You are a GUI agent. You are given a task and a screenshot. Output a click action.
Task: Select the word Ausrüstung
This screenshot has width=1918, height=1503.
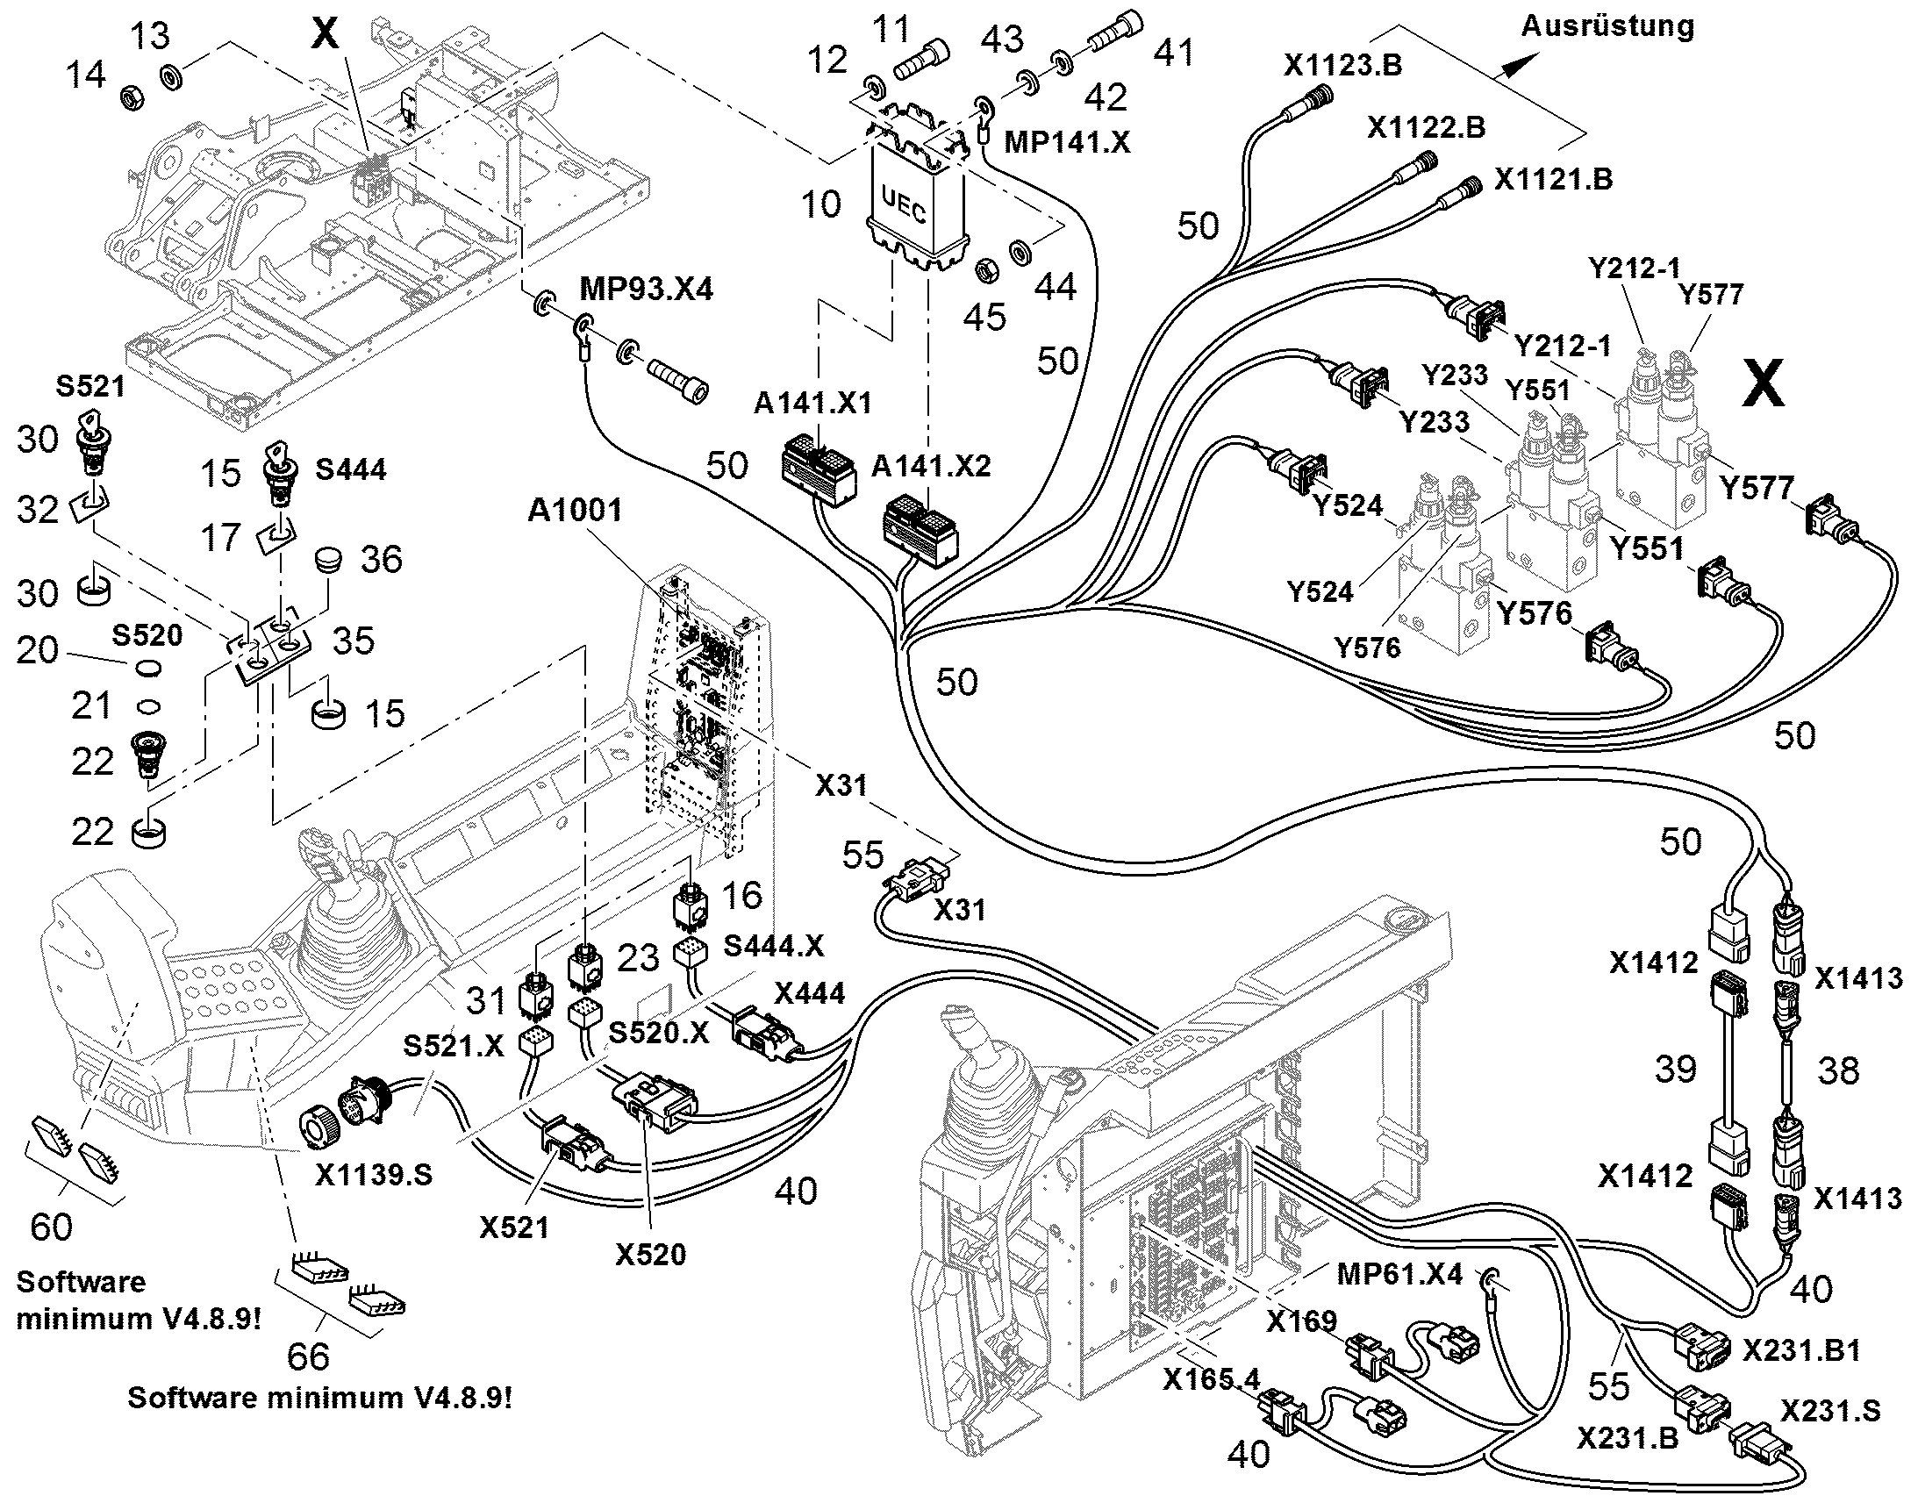(1607, 27)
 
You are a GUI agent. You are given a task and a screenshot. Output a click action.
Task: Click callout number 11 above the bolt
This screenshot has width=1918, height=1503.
(891, 29)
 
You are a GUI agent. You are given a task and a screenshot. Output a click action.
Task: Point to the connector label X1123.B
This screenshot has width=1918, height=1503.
(1342, 65)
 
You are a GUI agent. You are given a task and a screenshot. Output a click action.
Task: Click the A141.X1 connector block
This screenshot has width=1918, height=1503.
(819, 472)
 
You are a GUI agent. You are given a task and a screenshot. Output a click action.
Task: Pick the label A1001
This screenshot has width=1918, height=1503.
(575, 511)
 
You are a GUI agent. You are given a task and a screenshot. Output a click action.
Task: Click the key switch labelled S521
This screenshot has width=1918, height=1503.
(91, 433)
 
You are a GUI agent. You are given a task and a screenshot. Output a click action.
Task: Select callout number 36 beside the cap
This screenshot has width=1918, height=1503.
(381, 559)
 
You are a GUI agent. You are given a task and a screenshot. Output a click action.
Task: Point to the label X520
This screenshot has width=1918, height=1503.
(650, 1254)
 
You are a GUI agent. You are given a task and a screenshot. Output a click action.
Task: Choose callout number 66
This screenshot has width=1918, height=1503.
(309, 1356)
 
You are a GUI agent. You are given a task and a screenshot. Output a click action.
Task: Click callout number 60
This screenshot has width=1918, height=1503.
(51, 1226)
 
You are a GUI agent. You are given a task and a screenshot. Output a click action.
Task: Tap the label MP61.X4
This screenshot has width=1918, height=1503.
(1399, 1273)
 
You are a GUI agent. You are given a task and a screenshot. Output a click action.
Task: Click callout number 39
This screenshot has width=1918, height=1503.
(1675, 1070)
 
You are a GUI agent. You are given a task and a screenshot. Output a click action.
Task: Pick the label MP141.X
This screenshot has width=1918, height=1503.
(1067, 141)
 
